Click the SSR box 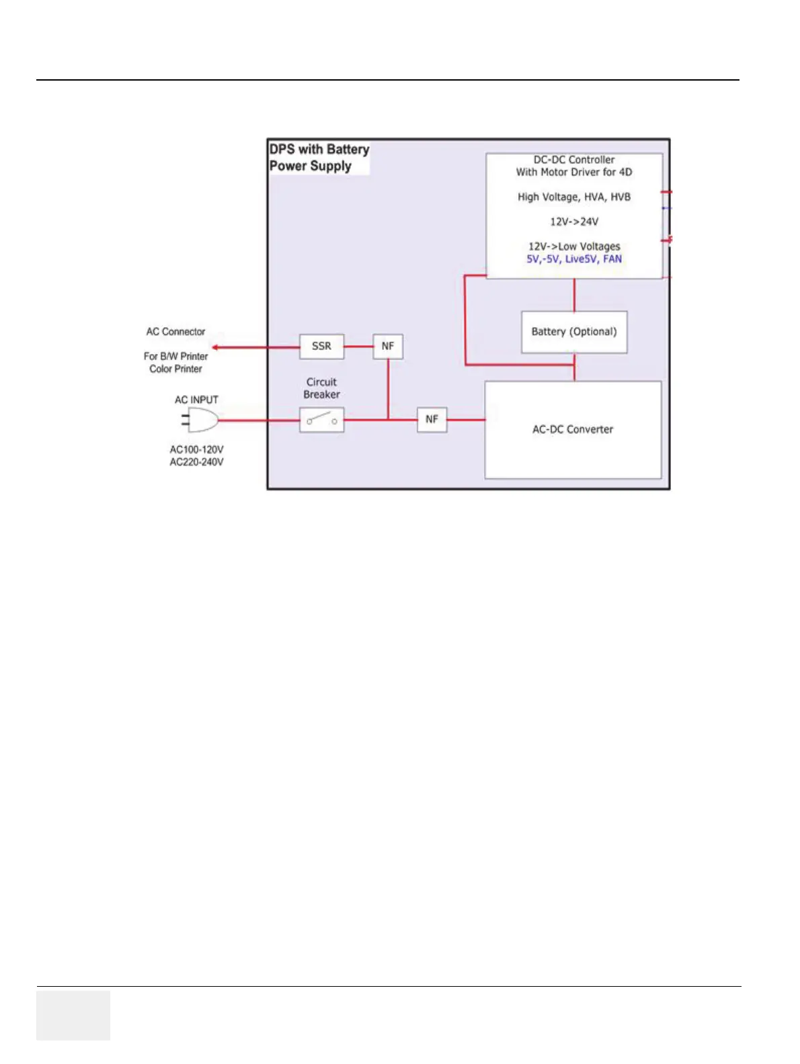click(321, 346)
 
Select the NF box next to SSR click(388, 346)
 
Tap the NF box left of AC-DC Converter click(432, 419)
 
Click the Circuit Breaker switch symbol click(321, 420)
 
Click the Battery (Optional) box click(574, 332)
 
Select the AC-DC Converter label click(573, 429)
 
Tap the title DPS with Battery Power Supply click(319, 158)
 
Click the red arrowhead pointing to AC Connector click(216, 347)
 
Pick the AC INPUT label click(196, 400)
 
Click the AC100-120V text click(196, 449)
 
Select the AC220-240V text click(196, 462)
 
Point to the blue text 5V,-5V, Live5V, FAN click(574, 259)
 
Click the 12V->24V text click(574, 222)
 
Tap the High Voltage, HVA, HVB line click(574, 197)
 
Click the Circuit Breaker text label click(321, 388)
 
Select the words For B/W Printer click(175, 357)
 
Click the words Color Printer click(175, 369)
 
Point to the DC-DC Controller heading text click(574, 160)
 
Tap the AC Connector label click(175, 332)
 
